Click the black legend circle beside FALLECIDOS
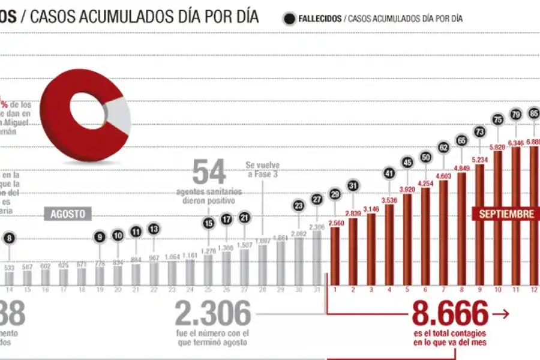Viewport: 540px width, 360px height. (289, 18)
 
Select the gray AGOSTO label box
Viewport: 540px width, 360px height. (67, 214)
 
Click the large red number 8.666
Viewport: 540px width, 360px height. (450, 314)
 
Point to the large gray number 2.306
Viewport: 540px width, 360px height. (213, 314)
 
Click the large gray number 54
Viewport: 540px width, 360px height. (209, 172)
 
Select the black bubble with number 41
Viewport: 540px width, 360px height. (389, 174)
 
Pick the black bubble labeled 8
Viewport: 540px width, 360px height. (8, 239)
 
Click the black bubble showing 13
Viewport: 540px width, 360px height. (154, 229)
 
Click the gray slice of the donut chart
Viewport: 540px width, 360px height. (119, 115)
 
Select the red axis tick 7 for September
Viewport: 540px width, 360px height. (443, 289)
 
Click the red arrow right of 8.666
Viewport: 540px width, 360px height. (500, 313)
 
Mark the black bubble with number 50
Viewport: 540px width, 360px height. (425, 157)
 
